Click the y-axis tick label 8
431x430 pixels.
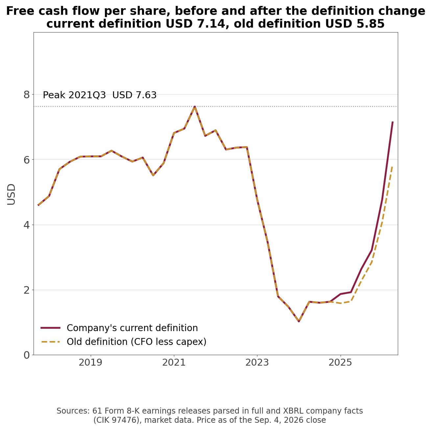[x=27, y=95]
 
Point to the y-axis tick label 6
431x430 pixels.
[x=27, y=160]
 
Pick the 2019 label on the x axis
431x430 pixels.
[x=91, y=363]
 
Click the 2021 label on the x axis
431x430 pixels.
[x=174, y=363]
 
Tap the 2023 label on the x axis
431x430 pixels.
[x=257, y=363]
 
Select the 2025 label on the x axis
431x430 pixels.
[x=340, y=363]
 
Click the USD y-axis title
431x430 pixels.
[x=11, y=194]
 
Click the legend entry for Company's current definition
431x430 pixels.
[x=119, y=328]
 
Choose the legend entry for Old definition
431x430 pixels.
[x=123, y=342]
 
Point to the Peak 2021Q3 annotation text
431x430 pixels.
[x=100, y=95]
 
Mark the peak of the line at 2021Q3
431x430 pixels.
[x=195, y=107]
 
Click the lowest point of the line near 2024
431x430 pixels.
[x=299, y=321]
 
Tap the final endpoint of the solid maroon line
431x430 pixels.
[x=393, y=122]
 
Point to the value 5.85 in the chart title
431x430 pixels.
[x=371, y=24]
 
